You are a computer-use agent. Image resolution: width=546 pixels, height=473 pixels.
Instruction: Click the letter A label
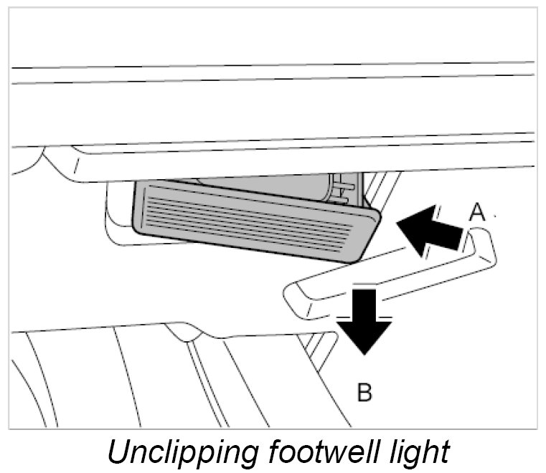point(478,211)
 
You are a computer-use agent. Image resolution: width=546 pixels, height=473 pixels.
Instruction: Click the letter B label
point(364,393)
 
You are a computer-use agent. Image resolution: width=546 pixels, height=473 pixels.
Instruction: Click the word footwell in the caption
point(324,452)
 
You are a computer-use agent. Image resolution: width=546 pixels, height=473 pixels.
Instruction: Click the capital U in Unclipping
point(117,452)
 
